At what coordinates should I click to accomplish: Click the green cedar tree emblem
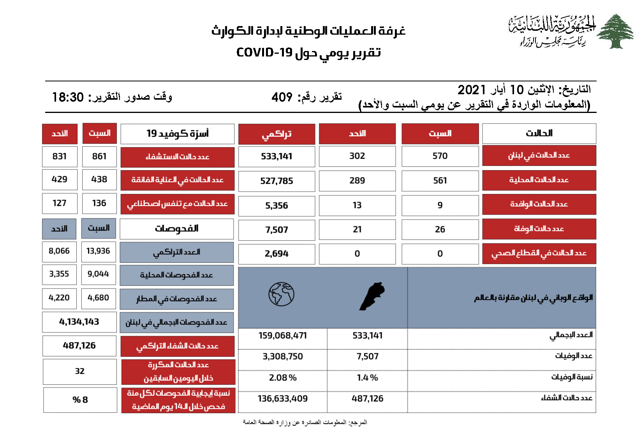[615, 31]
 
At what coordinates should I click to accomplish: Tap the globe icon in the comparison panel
[281, 294]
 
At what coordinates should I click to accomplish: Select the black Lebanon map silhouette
[372, 296]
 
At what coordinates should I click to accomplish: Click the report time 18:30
[68, 97]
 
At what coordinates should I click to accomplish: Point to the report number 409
[282, 97]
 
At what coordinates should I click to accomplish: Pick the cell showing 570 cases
[440, 156]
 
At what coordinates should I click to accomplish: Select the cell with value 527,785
[276, 181]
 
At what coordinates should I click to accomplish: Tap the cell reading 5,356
[276, 206]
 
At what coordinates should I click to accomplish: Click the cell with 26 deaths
[440, 229]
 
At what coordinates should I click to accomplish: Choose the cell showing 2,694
[276, 254]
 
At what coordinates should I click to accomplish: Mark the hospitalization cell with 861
[99, 157]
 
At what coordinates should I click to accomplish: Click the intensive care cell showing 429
[60, 180]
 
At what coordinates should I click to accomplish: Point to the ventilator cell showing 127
[60, 203]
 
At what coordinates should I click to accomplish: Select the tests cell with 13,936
[98, 251]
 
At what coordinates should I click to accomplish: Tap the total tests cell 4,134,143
[79, 322]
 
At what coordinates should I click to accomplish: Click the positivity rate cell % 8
[80, 400]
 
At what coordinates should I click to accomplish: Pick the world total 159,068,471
[283, 336]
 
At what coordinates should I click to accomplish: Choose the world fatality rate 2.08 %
[283, 378]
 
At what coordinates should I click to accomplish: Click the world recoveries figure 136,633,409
[283, 399]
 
